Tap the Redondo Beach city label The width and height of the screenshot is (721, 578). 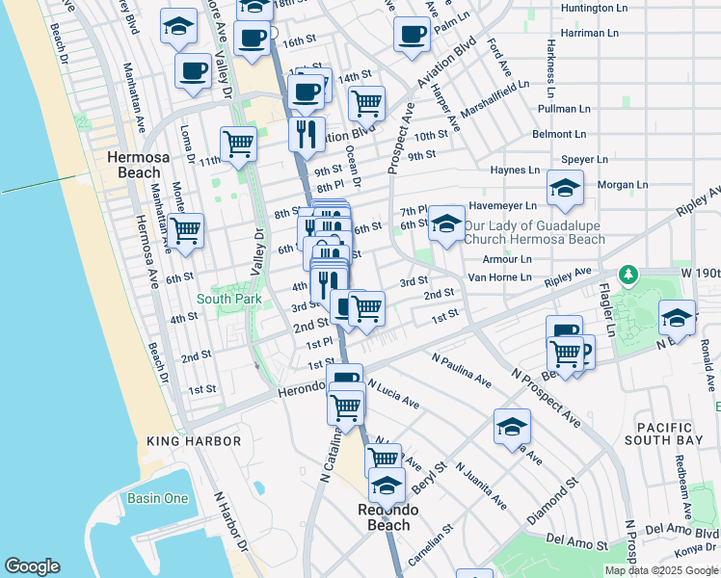pyautogui.click(x=384, y=517)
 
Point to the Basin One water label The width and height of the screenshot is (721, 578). pyautogui.click(x=157, y=498)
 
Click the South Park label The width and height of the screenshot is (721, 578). pyautogui.click(x=228, y=299)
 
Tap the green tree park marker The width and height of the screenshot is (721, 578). pyautogui.click(x=628, y=276)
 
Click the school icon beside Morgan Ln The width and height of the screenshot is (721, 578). pyautogui.click(x=565, y=188)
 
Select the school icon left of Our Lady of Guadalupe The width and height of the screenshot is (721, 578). pyautogui.click(x=446, y=224)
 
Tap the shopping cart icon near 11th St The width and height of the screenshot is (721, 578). pyautogui.click(x=238, y=144)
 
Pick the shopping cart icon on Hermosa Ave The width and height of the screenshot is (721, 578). pyautogui.click(x=185, y=230)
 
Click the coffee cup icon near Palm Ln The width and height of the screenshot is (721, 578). pyautogui.click(x=412, y=35)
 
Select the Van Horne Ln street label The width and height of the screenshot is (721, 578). pyautogui.click(x=499, y=277)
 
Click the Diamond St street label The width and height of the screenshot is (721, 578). pyautogui.click(x=552, y=500)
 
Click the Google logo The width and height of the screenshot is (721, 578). pyautogui.click(x=32, y=566)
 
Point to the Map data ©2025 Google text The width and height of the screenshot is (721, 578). pyautogui.click(x=661, y=570)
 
